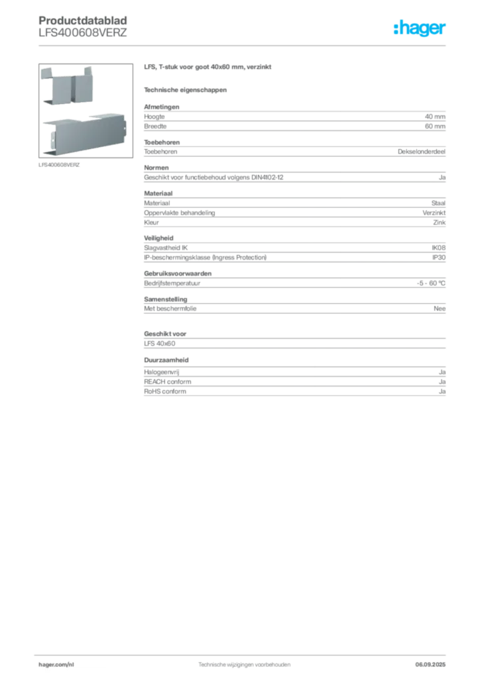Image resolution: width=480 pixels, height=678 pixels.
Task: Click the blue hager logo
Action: click(420, 29)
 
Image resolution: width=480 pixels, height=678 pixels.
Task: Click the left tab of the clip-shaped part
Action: click(48, 73)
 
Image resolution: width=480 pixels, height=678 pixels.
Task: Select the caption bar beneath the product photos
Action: click(61, 164)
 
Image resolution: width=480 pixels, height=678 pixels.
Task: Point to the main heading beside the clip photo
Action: click(209, 69)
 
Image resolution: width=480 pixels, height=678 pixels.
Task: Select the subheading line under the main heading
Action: click(186, 89)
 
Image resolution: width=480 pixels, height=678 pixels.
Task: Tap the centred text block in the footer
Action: click(244, 663)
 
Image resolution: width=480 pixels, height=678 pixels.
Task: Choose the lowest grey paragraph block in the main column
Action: click(294, 383)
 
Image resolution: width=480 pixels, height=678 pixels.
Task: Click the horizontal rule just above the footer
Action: click(244, 652)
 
